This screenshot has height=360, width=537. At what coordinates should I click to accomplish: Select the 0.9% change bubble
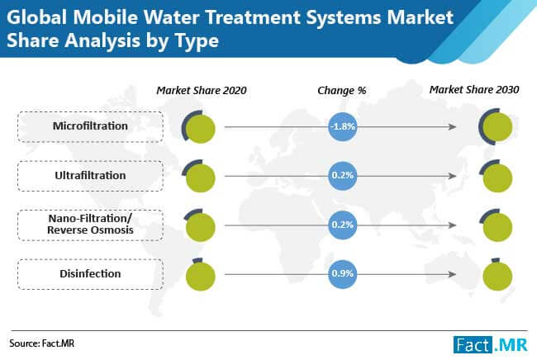(x=342, y=272)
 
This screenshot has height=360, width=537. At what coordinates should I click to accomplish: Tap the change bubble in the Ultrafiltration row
(x=342, y=176)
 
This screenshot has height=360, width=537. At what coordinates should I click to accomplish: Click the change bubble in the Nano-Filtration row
(x=342, y=224)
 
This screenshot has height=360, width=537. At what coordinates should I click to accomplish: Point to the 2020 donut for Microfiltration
(x=200, y=128)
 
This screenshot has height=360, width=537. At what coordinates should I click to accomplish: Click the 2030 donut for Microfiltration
(x=497, y=128)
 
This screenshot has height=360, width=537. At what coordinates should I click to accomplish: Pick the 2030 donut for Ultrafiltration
(x=497, y=176)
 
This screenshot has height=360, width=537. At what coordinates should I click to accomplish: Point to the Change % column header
(x=341, y=90)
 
